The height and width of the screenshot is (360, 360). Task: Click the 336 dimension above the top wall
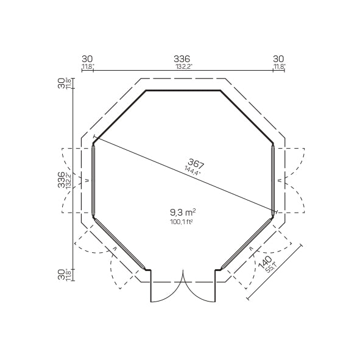tap(182, 58)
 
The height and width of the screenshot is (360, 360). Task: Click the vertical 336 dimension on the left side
tap(61, 180)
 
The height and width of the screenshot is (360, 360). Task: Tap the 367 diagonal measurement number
tap(196, 163)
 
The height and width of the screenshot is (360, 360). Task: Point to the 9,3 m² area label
tap(182, 213)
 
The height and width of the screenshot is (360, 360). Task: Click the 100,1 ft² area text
tap(182, 222)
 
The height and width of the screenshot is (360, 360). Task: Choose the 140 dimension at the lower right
tap(265, 263)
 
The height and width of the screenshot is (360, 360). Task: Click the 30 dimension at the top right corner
tap(279, 58)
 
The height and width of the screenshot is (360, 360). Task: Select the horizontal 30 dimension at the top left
tap(87, 58)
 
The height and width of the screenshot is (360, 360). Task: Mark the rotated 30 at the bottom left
tap(61, 275)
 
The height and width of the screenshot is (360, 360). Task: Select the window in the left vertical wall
tap(93, 180)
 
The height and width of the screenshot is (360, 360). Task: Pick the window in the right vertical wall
tap(273, 180)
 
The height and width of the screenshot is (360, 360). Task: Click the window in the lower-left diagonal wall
tap(119, 242)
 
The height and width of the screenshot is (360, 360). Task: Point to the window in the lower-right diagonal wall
tap(247, 242)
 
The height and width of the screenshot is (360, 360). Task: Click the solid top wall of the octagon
tap(183, 91)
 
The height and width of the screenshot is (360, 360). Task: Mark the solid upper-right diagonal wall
tap(247, 117)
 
